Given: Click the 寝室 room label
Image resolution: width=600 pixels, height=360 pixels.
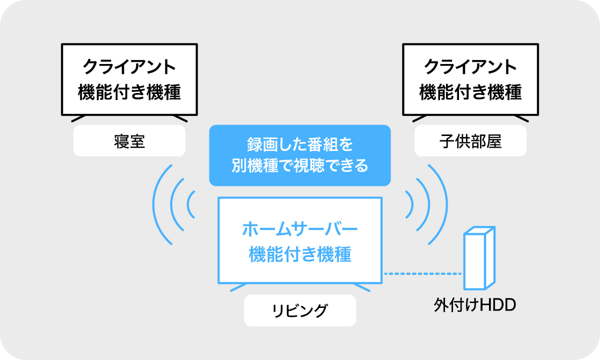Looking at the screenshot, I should [129, 141].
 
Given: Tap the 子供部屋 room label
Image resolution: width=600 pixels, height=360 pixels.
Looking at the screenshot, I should [470, 141].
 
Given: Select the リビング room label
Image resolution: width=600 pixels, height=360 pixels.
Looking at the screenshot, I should [300, 311].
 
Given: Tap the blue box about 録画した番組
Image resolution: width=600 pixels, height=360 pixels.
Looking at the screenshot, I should [299, 155].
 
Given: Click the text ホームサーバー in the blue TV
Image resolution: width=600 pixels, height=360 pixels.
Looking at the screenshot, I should [300, 230].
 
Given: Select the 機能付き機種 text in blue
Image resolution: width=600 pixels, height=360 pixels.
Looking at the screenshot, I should [300, 254].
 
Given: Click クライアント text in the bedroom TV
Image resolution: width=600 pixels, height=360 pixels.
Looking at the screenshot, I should [129, 67].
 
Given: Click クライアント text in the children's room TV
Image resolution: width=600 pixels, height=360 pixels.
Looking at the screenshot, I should [470, 67].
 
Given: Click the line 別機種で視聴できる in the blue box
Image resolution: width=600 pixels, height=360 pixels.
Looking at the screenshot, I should [299, 166].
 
